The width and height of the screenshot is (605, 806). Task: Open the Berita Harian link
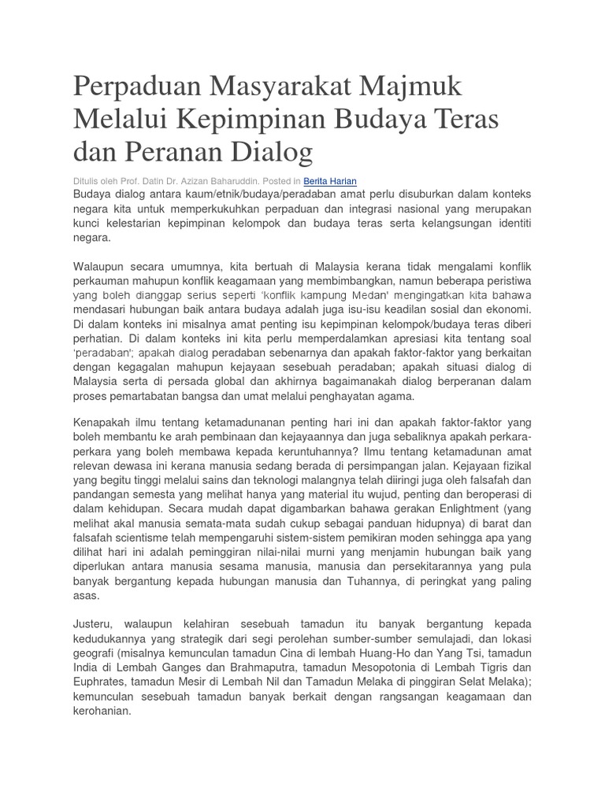(x=330, y=181)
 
